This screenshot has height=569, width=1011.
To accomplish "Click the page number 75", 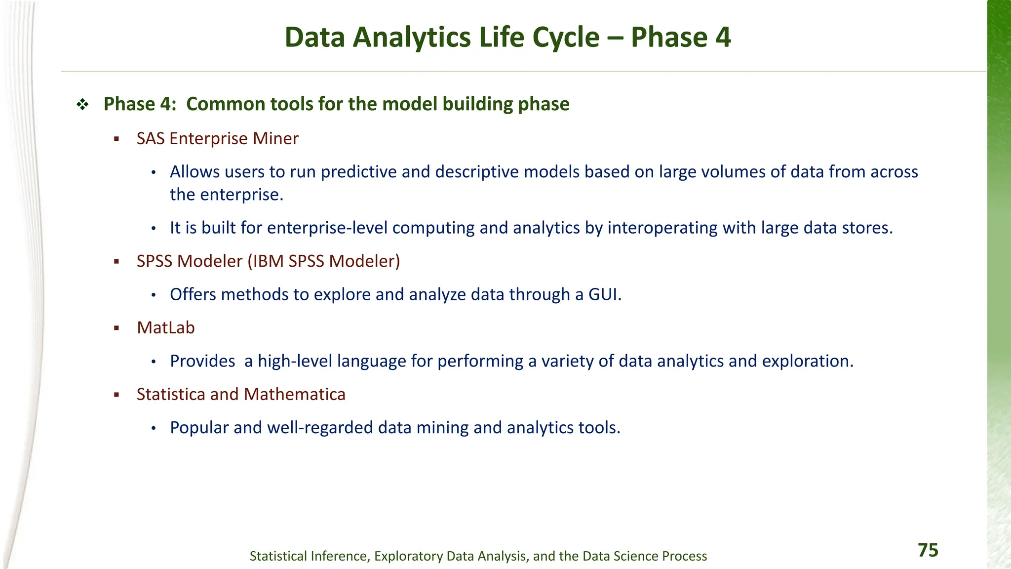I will pyautogui.click(x=928, y=550).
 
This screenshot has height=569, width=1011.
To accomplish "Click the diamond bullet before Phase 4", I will pyautogui.click(x=82, y=104).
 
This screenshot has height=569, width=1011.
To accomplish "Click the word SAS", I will pyautogui.click(x=151, y=139).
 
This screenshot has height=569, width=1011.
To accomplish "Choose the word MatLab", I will pyautogui.click(x=166, y=327).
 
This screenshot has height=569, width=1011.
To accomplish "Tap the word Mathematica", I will pyautogui.click(x=294, y=394).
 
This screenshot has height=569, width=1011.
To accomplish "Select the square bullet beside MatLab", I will pyautogui.click(x=117, y=328).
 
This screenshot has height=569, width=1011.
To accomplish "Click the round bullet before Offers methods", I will pyautogui.click(x=154, y=295).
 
